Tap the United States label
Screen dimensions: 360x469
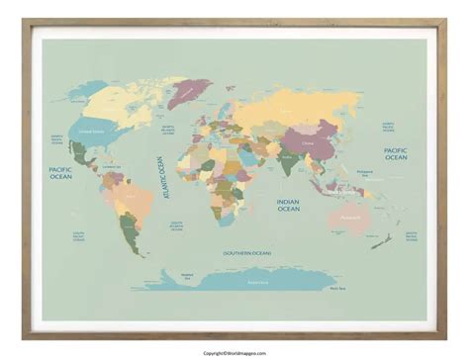pos(91,131)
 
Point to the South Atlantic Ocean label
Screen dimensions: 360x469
pos(177,225)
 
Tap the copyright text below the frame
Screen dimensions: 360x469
pos(234,354)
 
